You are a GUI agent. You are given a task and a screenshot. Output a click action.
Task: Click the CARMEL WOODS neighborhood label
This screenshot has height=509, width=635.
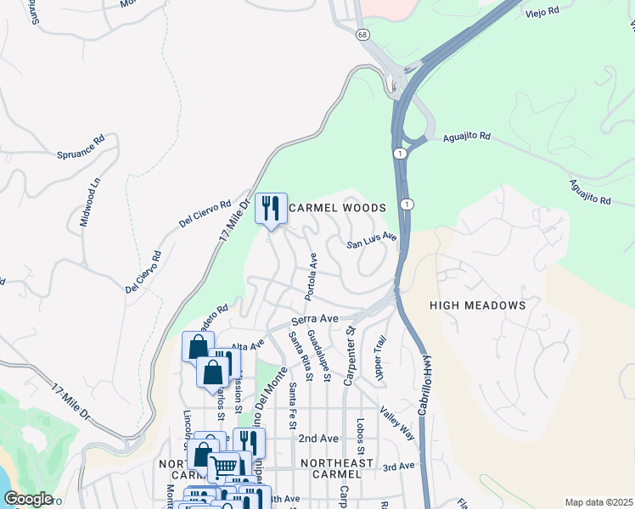click(x=338, y=208)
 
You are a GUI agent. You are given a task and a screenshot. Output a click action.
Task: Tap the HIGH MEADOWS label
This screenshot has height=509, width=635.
click(x=478, y=305)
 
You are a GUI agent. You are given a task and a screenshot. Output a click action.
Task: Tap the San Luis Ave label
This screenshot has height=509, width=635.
click(x=372, y=240)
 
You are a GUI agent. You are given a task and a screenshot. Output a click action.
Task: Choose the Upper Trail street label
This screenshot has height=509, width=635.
click(x=380, y=356)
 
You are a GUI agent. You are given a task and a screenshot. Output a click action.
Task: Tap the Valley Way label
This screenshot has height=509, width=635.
click(x=397, y=422)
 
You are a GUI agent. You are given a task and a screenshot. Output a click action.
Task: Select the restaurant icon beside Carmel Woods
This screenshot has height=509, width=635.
click(x=271, y=207)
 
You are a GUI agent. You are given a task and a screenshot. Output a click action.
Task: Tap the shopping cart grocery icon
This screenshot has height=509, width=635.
click(x=224, y=466)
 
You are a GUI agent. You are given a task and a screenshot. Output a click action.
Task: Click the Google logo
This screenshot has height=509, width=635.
click(x=28, y=499)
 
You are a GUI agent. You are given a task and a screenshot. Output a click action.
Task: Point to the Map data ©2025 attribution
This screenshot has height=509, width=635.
click(x=598, y=502)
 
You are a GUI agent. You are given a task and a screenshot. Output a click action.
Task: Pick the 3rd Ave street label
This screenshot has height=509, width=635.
click(x=398, y=467)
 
